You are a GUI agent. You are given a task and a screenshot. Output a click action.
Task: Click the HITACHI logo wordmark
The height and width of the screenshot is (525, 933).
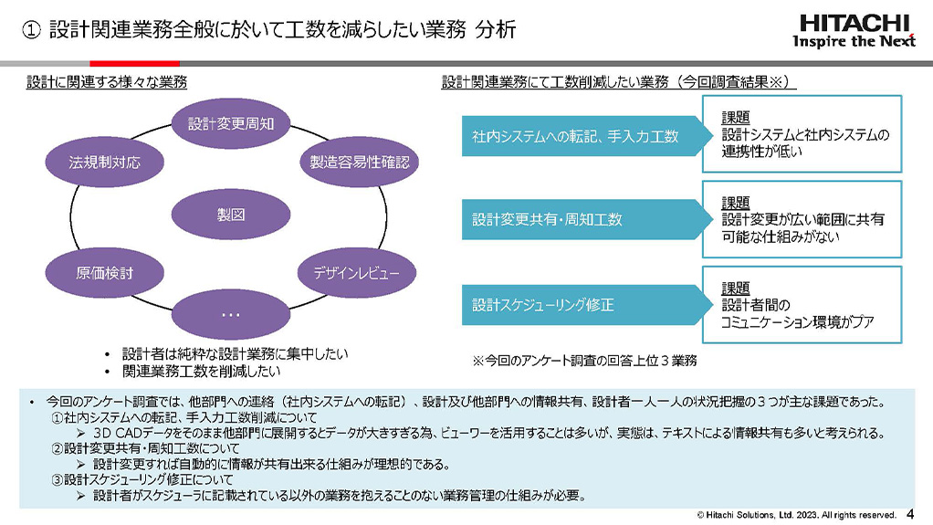tap(854, 23)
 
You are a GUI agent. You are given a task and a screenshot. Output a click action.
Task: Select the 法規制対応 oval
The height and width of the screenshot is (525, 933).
tap(105, 163)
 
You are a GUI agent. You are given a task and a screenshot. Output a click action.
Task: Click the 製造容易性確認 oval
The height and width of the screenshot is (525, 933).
tap(359, 163)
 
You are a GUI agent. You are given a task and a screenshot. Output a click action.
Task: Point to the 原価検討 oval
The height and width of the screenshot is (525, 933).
tap(104, 272)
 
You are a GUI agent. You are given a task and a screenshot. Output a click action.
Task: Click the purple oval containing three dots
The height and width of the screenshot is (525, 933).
tap(230, 313)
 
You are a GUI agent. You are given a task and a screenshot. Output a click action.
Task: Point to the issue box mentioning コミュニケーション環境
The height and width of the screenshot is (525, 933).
tap(801, 304)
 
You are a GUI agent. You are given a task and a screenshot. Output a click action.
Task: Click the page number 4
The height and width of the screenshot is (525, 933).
tap(909, 514)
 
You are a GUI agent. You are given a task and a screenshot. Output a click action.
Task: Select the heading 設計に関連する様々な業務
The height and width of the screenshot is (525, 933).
tap(107, 82)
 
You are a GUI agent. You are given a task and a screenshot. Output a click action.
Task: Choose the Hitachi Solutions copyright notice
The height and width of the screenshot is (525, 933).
tap(797, 515)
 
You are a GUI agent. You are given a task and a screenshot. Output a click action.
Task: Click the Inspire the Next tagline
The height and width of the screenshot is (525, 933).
tap(854, 42)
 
